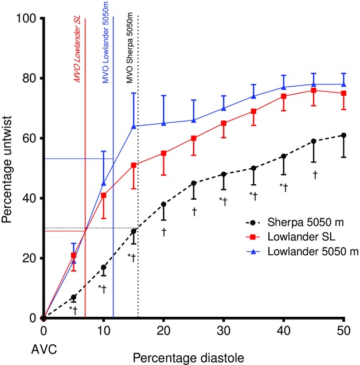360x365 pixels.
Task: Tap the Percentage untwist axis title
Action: point(8,168)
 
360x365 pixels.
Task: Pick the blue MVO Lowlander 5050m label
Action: point(106,52)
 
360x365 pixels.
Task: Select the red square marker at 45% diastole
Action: point(314,90)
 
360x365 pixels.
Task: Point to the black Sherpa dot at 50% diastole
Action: point(343,135)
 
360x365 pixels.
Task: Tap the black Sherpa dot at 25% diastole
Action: point(194,183)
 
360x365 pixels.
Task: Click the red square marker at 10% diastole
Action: point(104,195)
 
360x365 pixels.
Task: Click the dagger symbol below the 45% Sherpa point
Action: point(314,173)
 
